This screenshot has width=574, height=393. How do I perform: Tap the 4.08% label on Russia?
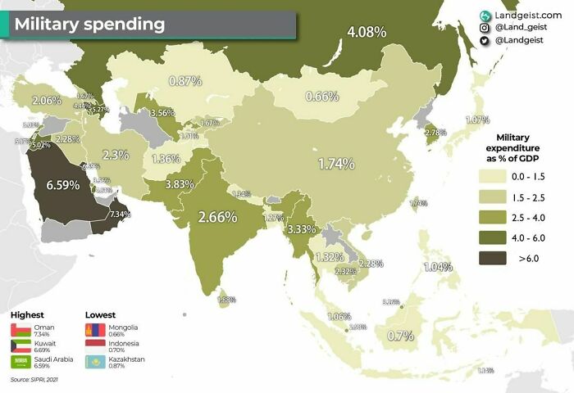(367, 33)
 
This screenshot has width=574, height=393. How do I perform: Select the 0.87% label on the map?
(184, 81)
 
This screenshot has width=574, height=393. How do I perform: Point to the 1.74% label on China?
(336, 163)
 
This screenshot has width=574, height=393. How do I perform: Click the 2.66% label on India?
(217, 217)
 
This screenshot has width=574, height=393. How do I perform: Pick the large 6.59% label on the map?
(63, 185)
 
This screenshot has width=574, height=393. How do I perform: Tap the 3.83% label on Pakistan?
(179, 184)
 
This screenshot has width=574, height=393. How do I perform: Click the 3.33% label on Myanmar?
(302, 228)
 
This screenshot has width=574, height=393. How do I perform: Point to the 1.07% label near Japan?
(477, 120)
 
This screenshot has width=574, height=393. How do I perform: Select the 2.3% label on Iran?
(116, 155)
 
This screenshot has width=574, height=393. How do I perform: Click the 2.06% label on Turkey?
(46, 100)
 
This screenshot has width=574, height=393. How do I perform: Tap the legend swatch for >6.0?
(494, 260)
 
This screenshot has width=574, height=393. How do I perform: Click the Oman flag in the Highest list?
(20, 331)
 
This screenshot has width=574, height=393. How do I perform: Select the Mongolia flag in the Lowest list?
(95, 331)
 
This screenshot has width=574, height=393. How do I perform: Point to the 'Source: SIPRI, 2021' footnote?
(34, 380)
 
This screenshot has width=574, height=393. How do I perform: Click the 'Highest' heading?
(28, 314)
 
